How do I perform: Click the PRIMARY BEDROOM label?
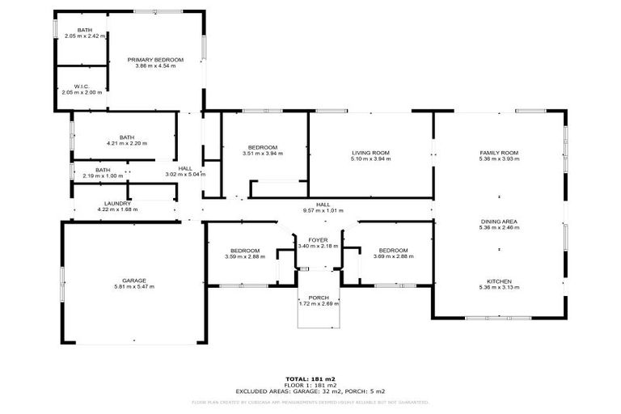[x=155, y=60]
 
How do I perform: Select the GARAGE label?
[x=134, y=281]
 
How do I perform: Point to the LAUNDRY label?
[x=117, y=204]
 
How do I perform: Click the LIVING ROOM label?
[x=370, y=153]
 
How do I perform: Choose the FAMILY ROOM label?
[x=498, y=153]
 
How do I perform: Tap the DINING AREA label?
[x=498, y=221]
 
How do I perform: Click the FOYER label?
[x=318, y=240]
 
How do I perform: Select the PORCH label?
[x=319, y=298]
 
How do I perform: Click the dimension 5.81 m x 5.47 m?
[x=134, y=287]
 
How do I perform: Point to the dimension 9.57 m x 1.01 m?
[x=323, y=210]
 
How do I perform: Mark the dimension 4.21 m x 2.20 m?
[x=126, y=143]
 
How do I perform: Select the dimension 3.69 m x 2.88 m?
[x=393, y=256]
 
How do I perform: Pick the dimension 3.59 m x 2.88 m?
[x=244, y=256]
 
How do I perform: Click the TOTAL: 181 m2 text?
[x=310, y=378]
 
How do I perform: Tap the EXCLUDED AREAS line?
[x=310, y=391]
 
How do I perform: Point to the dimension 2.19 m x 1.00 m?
[x=103, y=175]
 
